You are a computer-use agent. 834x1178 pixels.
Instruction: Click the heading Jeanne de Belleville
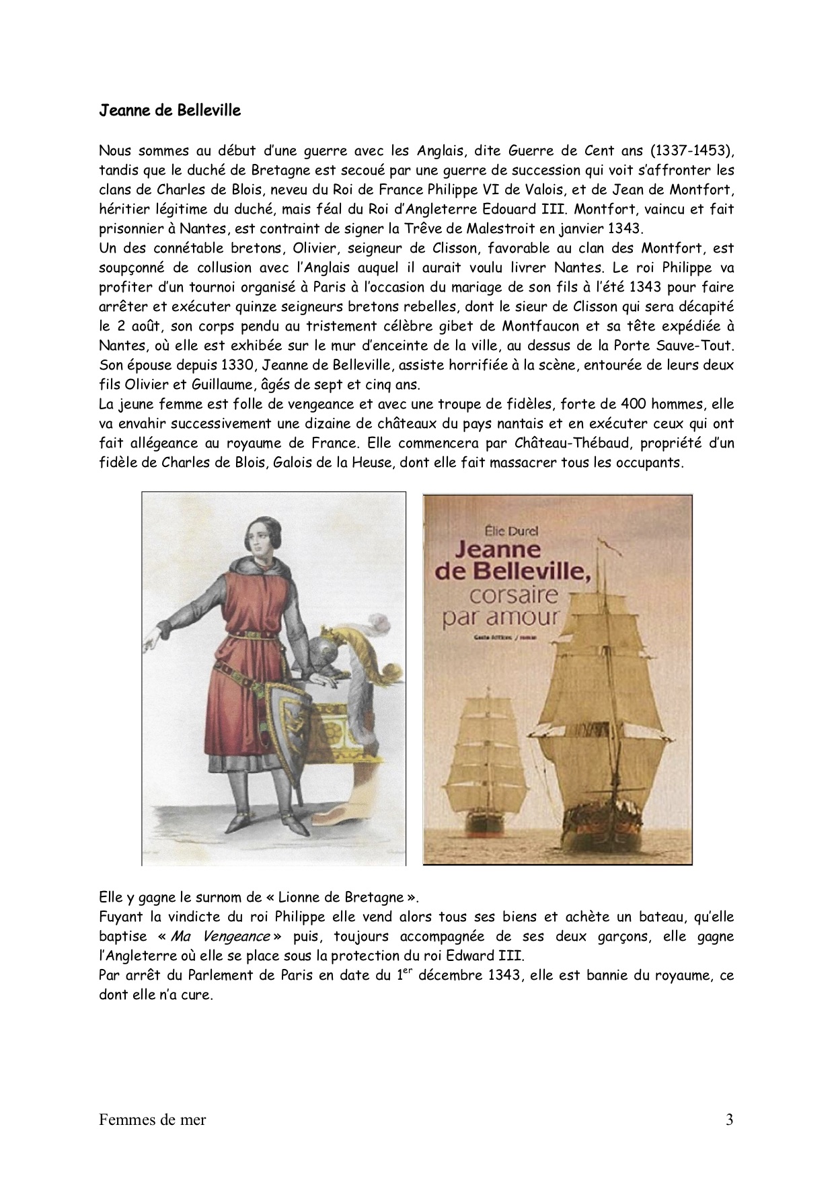(x=169, y=110)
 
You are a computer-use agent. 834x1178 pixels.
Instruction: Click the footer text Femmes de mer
(x=152, y=1120)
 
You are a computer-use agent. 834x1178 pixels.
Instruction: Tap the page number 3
(x=730, y=1120)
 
